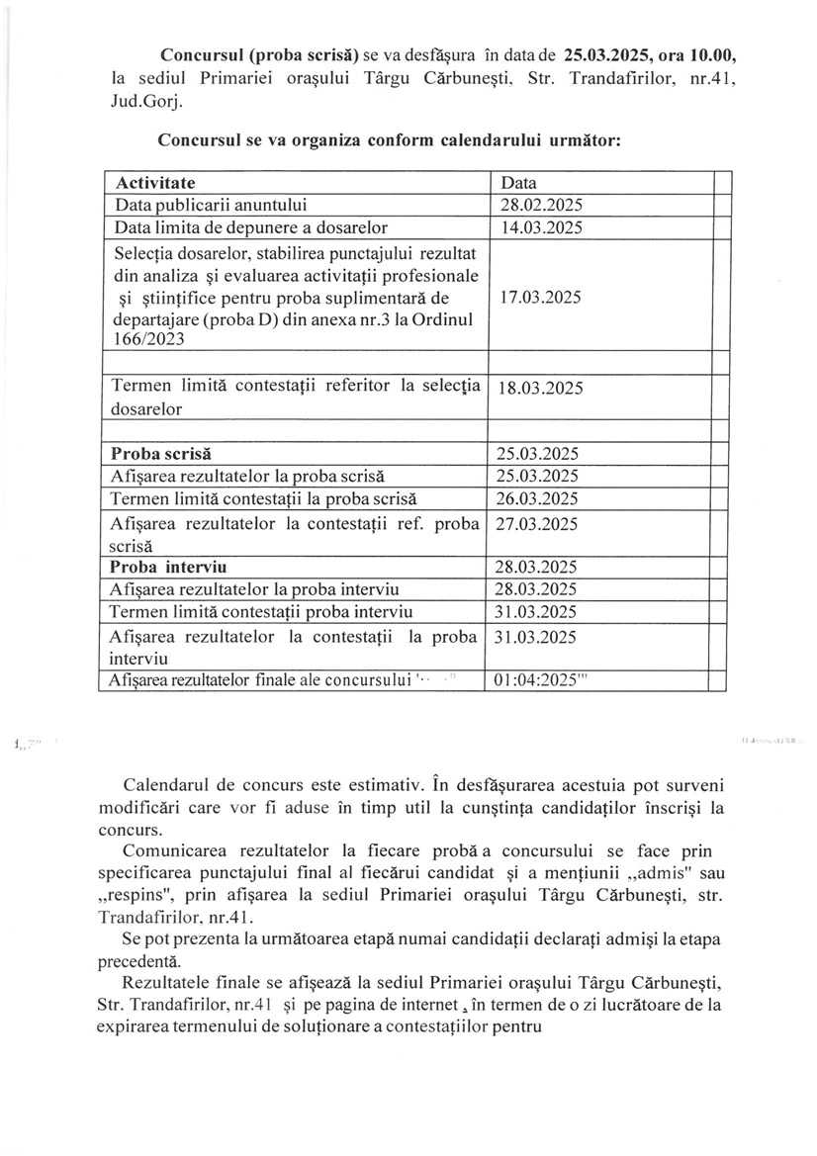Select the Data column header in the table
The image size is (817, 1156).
519,183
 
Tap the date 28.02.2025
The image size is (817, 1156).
540,206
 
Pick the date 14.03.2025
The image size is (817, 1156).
540,228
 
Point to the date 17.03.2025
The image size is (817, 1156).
540,297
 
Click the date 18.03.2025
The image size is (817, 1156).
540,388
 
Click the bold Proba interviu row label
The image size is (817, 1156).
169,568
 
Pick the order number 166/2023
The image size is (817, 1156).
145,339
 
